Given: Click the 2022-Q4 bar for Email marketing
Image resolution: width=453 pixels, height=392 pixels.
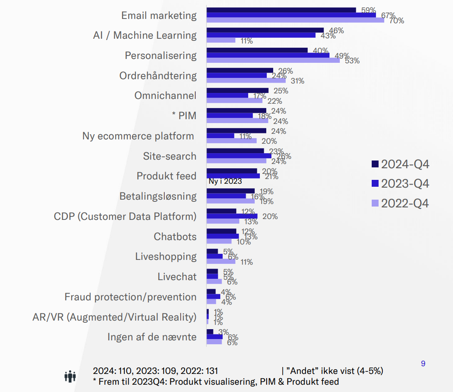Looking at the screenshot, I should click(295, 20).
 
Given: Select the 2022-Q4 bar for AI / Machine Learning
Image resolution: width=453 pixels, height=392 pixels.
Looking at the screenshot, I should click(221, 40).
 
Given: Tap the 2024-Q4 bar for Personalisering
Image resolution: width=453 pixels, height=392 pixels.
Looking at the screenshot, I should click(257, 50).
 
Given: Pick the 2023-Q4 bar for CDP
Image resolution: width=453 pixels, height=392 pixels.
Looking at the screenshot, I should click(232, 216).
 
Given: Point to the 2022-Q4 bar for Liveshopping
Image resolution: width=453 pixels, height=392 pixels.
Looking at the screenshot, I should click(221, 261).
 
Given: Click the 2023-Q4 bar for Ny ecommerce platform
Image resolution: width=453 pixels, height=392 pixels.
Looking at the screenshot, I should click(221, 136).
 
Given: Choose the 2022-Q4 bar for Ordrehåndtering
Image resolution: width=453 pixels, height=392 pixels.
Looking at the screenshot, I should click(246, 80).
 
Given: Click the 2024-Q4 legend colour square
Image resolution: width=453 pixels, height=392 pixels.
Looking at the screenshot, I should click(375, 164).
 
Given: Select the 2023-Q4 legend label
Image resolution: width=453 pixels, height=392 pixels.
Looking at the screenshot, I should click(405, 184).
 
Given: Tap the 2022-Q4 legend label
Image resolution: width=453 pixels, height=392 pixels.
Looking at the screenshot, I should click(405, 203).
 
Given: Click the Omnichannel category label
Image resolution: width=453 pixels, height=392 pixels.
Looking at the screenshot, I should click(165, 96).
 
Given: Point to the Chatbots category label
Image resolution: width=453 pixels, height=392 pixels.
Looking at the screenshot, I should click(175, 237).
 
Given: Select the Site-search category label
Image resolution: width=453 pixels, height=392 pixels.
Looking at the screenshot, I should click(169, 156).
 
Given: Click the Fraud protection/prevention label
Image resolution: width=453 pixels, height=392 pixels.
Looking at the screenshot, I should click(130, 297).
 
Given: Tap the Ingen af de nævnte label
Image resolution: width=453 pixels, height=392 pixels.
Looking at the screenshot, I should click(152, 337).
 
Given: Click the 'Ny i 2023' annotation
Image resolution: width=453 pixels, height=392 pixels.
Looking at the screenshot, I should click(225, 182).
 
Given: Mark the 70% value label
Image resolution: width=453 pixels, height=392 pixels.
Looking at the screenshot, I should click(396, 20).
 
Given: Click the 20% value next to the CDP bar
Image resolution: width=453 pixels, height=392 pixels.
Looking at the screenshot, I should click(270, 216).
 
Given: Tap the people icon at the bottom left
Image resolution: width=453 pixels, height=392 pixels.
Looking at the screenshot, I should click(70, 377).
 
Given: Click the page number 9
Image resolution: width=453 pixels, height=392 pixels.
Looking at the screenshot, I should click(423, 364).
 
